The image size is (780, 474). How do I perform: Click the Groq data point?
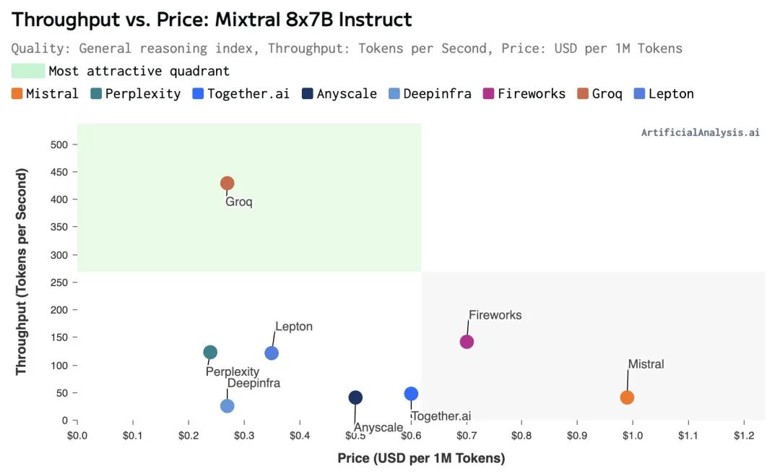(227, 184)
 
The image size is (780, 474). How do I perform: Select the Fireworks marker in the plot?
(467, 342)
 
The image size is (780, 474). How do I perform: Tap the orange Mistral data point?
(627, 397)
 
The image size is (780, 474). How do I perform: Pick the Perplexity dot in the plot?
(210, 353)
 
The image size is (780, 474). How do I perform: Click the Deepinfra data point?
(227, 406)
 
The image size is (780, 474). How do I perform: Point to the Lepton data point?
(272, 353)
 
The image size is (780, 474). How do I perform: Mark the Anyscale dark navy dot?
(355, 397)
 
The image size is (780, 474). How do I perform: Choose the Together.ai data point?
(411, 394)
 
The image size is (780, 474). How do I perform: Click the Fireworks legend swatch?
(488, 93)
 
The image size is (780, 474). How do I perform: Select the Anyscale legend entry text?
(347, 93)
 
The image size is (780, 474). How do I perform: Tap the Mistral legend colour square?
(17, 93)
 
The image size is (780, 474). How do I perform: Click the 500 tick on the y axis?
(59, 145)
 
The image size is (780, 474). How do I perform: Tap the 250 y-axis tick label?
(59, 283)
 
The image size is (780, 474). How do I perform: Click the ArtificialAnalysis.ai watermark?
(700, 132)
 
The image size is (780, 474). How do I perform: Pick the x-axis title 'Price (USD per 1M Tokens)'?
(421, 458)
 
